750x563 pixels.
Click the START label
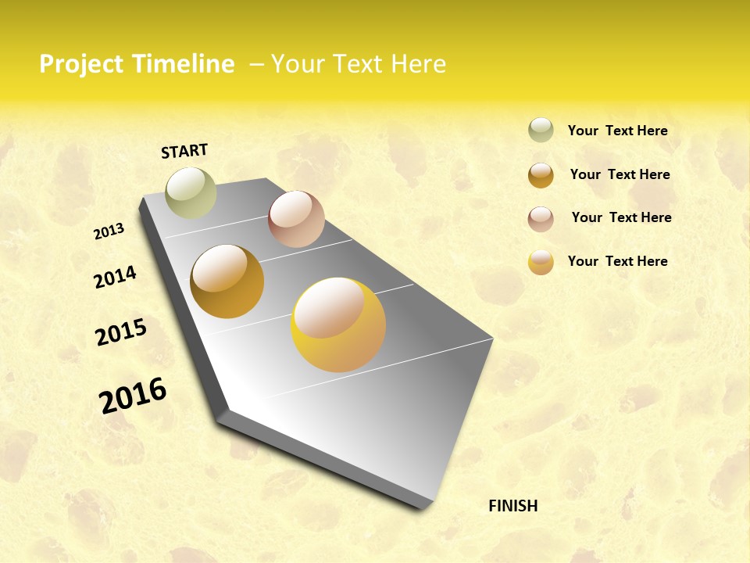click(184, 151)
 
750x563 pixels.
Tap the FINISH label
click(512, 506)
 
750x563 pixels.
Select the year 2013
click(109, 231)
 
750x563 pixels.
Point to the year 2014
click(115, 277)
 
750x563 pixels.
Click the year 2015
click(121, 332)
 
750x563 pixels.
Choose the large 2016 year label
click(133, 396)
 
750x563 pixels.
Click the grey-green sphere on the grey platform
click(191, 193)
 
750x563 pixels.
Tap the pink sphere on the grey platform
click(296, 219)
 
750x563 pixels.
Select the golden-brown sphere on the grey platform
click(227, 281)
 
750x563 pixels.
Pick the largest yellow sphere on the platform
click(338, 325)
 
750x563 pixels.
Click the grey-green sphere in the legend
click(541, 130)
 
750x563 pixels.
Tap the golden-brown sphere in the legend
click(541, 175)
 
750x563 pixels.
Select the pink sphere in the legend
click(541, 219)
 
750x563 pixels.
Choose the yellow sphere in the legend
click(541, 262)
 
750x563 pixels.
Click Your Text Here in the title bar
click(359, 64)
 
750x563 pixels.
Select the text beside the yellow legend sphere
click(617, 261)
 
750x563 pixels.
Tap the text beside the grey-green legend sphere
click(617, 131)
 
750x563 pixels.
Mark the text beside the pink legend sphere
click(621, 217)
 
